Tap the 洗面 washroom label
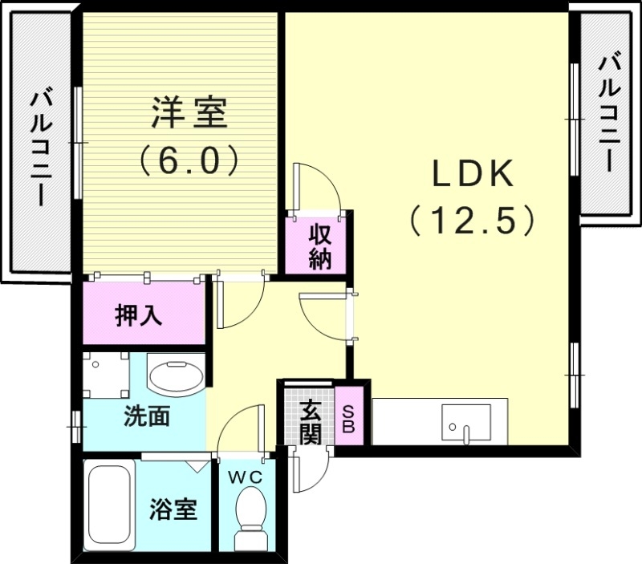tap(146, 416)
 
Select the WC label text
tap(248, 477)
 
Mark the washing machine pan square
tap(104, 374)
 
